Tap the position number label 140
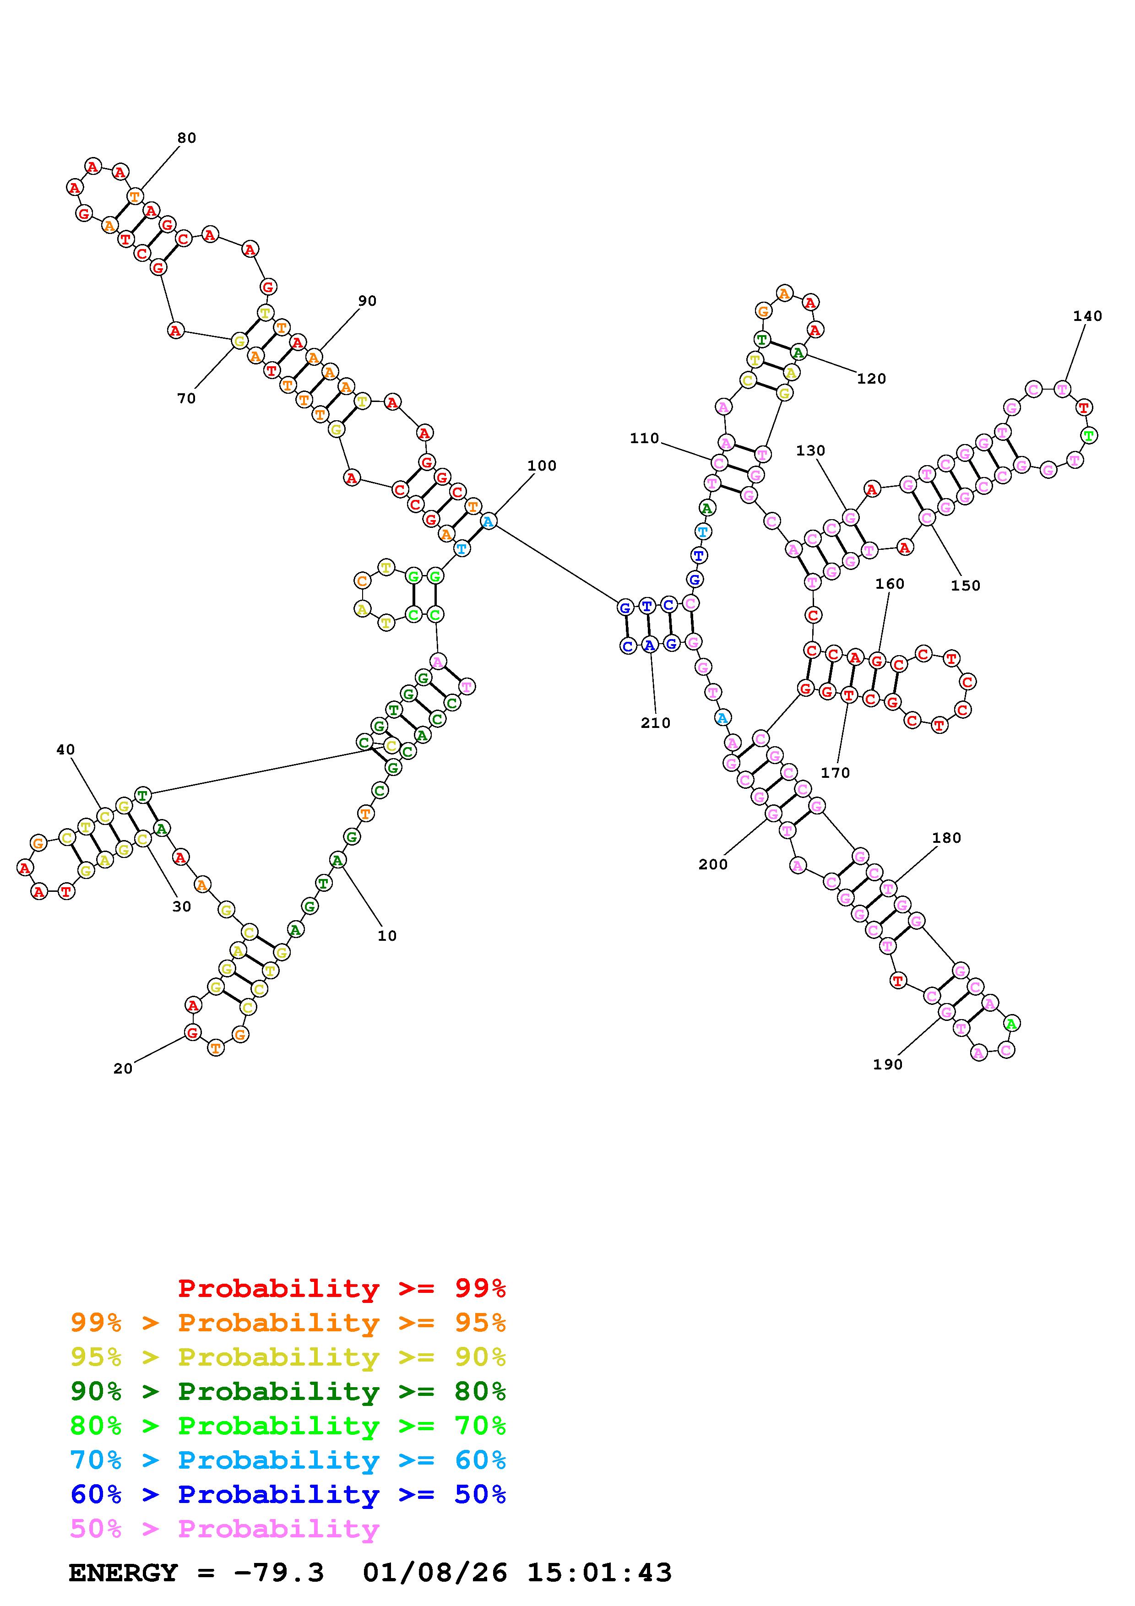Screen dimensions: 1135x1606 [x=1087, y=316]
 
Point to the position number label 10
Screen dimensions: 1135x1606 [x=387, y=936]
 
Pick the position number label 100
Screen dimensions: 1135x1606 [x=542, y=466]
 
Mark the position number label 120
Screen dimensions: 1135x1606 [x=871, y=379]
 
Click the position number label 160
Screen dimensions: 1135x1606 [x=890, y=584]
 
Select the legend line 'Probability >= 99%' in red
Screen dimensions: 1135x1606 [x=342, y=1288]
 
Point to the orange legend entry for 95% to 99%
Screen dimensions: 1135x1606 [x=288, y=1323]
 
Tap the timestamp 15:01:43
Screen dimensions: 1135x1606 [x=599, y=1573]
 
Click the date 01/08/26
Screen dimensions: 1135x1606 [x=435, y=1573]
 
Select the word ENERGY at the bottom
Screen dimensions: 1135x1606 [x=123, y=1573]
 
